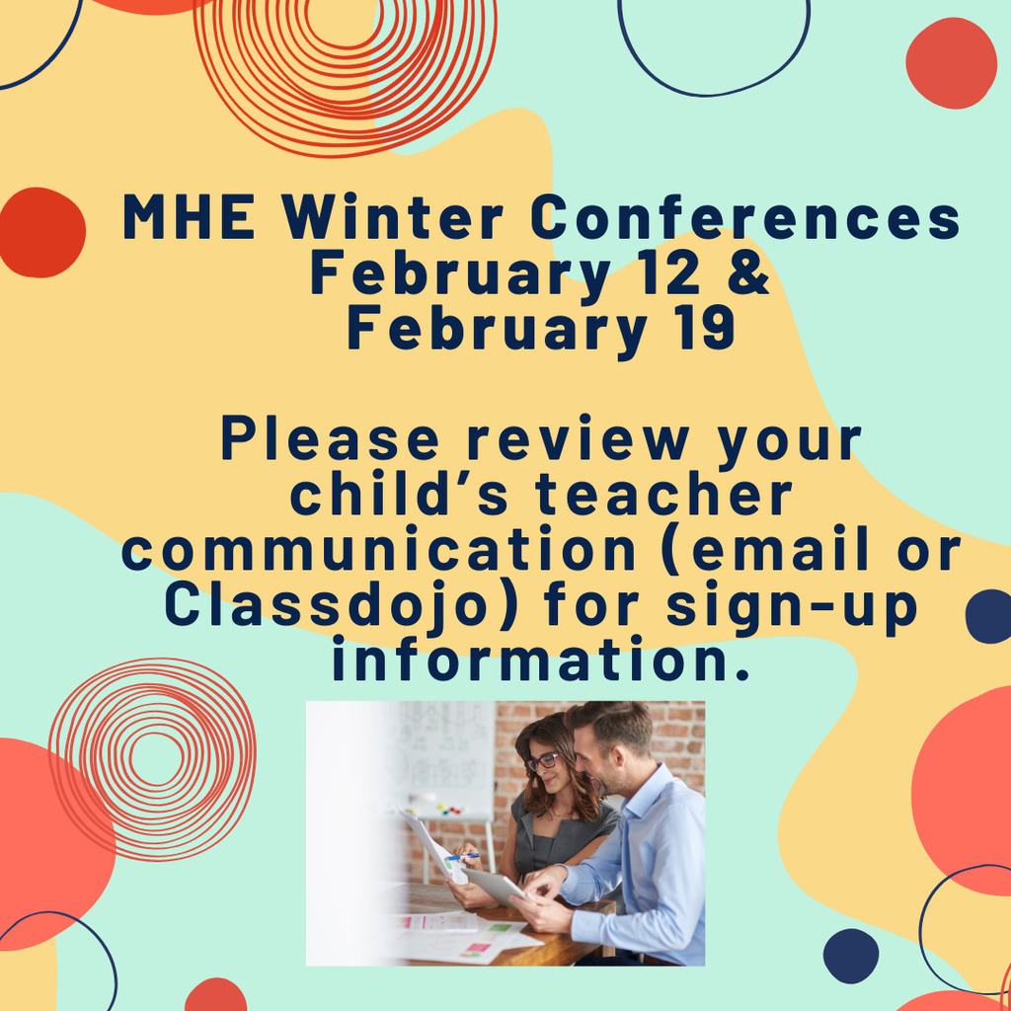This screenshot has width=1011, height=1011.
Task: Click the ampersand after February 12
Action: [752, 275]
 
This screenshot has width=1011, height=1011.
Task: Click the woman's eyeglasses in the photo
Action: [542, 761]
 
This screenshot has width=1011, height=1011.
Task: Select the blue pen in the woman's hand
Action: [464, 855]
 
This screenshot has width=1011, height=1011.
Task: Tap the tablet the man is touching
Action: [497, 885]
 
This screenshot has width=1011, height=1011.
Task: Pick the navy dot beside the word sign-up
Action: [988, 616]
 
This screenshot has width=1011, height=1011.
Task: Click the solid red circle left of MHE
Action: [40, 232]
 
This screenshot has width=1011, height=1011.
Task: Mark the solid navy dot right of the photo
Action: [850, 955]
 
